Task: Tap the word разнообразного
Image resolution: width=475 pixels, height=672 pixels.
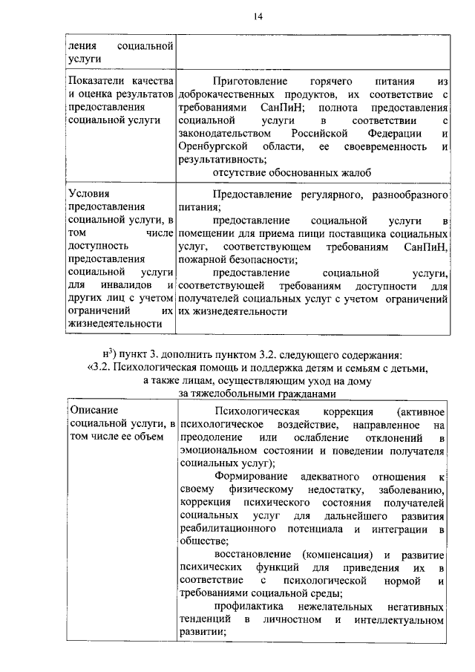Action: (x=408, y=195)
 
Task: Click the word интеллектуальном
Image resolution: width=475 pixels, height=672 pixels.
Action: (x=393, y=619)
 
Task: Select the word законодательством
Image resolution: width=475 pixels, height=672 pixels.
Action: (x=226, y=133)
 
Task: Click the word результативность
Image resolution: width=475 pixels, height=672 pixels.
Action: (x=222, y=159)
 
